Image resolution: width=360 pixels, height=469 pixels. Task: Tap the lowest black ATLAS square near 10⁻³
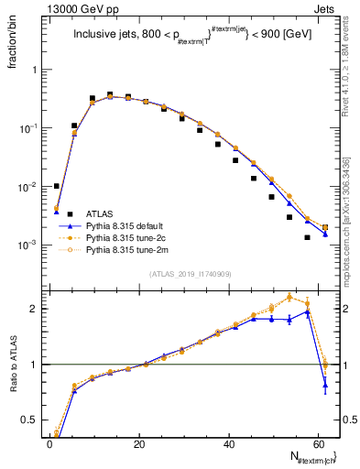307,237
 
